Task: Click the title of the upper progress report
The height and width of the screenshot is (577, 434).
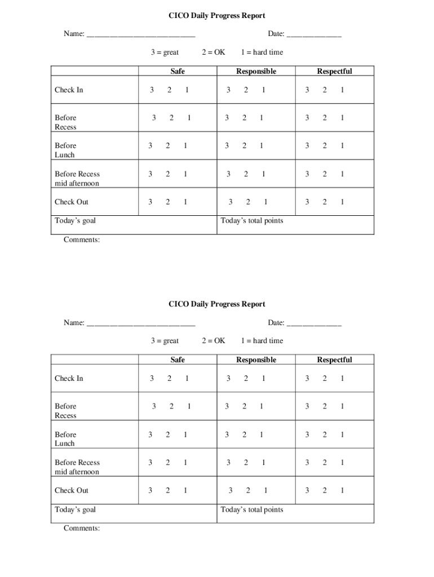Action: point(217,16)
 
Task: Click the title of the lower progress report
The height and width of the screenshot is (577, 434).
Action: point(217,304)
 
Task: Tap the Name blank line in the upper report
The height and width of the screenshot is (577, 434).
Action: point(141,35)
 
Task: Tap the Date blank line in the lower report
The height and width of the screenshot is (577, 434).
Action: point(313,323)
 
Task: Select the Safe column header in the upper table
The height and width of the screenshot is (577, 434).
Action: point(178,72)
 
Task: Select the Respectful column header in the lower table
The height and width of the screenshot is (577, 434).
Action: point(334,360)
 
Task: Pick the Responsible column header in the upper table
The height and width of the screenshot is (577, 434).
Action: point(256,72)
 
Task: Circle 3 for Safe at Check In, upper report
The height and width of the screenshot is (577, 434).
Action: point(152,90)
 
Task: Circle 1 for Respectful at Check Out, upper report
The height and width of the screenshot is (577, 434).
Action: point(342,202)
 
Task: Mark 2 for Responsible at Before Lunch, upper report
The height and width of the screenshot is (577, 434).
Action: point(244,146)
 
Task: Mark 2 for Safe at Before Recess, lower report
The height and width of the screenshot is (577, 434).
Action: point(171,406)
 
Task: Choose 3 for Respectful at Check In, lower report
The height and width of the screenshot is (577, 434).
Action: point(307,379)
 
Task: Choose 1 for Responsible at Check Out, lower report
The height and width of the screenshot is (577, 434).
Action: point(265,491)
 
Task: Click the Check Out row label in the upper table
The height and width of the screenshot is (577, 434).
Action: point(72,202)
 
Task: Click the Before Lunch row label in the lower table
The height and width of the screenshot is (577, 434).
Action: point(65,439)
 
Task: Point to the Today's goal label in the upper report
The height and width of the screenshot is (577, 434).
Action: point(75,221)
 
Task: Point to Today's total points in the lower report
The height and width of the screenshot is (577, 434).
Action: point(252,510)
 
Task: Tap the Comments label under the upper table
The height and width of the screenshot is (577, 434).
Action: point(82,240)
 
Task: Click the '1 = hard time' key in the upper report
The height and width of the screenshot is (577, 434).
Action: point(262,52)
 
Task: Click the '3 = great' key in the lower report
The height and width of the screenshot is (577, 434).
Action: point(165,341)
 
